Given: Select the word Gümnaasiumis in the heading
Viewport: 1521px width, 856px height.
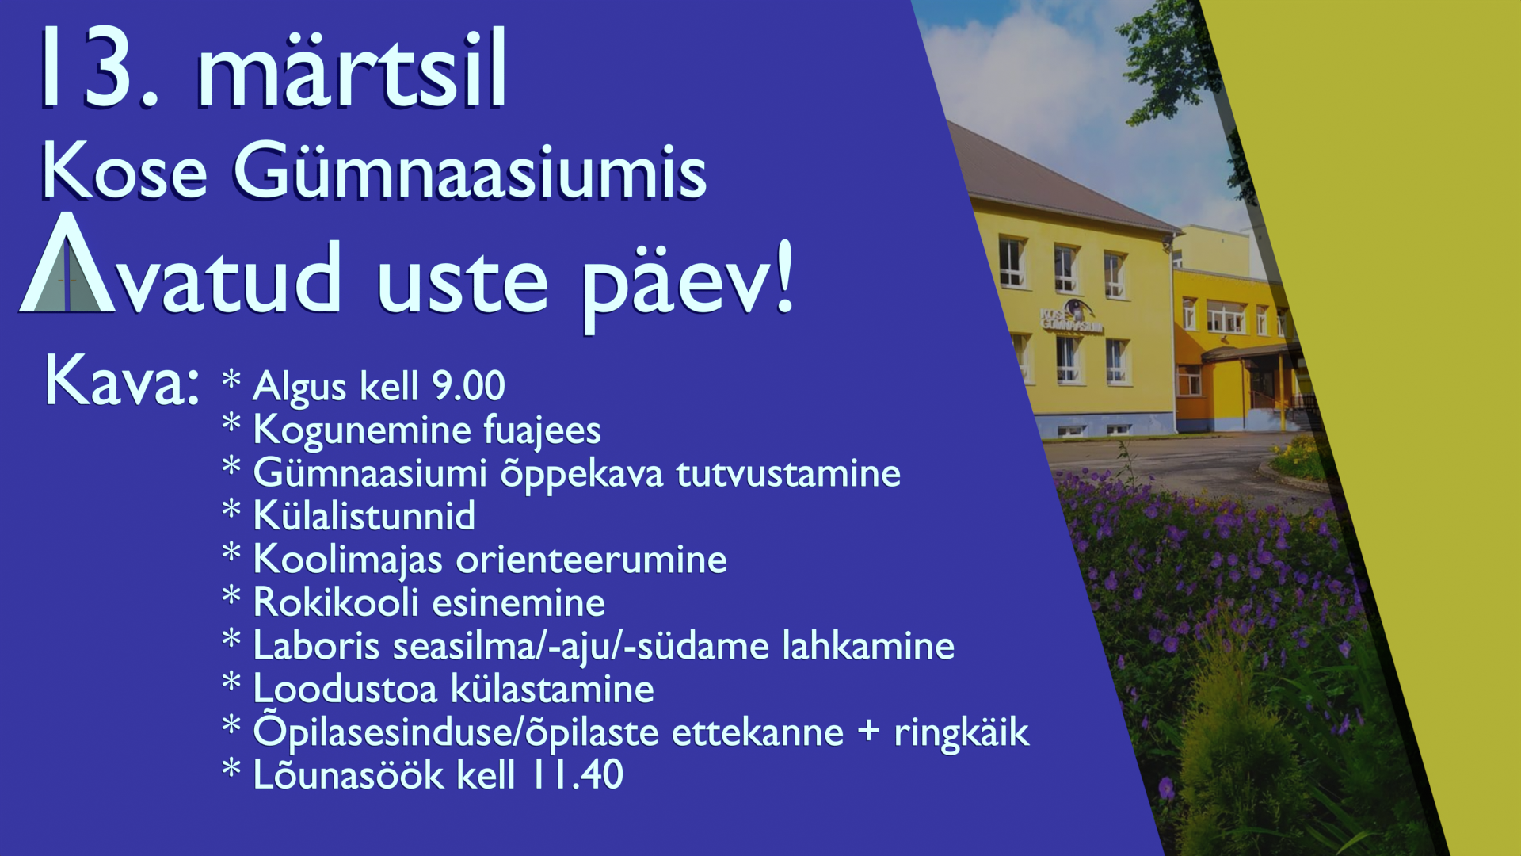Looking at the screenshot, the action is coord(470,170).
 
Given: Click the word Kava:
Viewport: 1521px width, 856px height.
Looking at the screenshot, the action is coord(121,381).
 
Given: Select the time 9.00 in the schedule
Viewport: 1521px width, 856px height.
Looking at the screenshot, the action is coord(468,387).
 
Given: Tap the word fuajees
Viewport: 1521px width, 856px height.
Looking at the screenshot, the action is coord(542,430).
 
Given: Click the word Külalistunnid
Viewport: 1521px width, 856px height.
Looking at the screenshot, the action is coord(364,516).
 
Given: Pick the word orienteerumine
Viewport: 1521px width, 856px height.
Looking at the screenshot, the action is coord(592,560).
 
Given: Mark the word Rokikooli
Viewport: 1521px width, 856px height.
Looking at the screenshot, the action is coord(336,602).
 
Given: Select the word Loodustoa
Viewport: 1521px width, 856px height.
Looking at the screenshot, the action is coord(345,689).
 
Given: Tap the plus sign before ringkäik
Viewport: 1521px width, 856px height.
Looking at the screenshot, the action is coord(869,731).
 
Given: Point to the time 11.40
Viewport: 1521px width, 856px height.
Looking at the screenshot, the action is coord(578,774).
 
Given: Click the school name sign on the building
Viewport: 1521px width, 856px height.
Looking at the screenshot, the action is coord(1070,317).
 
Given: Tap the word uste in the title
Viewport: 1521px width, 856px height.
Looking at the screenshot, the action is coord(463,283).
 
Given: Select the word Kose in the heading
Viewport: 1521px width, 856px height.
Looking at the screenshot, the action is coord(124,170).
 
